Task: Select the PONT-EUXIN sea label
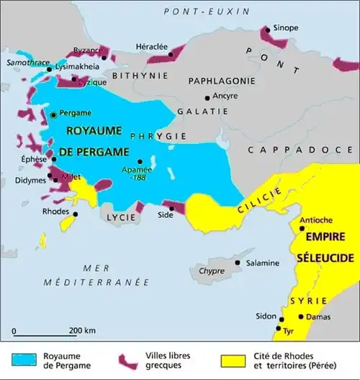tap(206, 12)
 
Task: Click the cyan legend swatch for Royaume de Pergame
tap(30, 356)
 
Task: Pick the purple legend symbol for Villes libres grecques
tap(129, 358)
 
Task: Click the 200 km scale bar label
tap(83, 330)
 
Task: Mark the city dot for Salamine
tap(238, 263)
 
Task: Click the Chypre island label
tap(212, 272)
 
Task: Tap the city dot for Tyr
tap(277, 329)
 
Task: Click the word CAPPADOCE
tap(291, 150)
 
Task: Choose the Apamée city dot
tap(140, 161)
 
